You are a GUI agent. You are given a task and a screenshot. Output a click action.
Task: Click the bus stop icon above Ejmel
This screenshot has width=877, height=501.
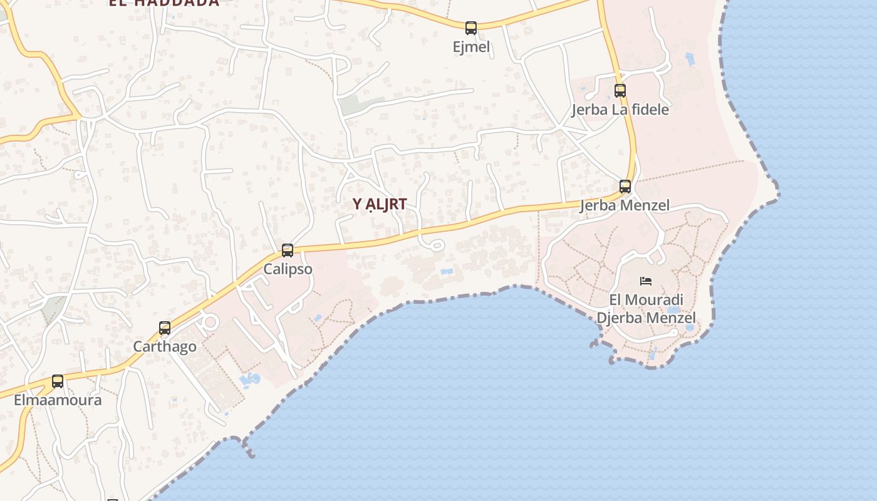pos(470,28)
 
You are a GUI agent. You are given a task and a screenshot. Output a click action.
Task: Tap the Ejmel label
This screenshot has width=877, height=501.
pos(471,47)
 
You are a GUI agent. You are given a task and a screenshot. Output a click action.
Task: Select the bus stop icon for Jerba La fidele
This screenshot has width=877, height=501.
pos(620,90)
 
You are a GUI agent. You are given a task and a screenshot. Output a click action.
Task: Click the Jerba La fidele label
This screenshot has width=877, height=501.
pos(620,110)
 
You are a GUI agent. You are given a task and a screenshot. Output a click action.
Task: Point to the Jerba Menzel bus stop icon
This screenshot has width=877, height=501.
pos(625,186)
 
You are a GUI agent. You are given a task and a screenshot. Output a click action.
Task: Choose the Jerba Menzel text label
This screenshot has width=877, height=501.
pos(625,205)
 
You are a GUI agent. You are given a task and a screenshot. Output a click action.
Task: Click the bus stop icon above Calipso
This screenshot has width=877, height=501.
pos(288,250)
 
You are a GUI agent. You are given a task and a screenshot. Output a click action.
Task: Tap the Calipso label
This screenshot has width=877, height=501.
pos(288,269)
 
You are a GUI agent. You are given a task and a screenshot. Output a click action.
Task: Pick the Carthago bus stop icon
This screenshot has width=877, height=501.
pos(165,328)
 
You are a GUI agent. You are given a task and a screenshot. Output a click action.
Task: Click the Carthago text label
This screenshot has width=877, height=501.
pos(165,346)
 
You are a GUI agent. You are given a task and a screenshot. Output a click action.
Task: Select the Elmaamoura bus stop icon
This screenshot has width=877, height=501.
pos(58,381)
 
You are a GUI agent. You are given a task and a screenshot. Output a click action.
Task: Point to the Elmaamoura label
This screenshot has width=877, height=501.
pos(58,400)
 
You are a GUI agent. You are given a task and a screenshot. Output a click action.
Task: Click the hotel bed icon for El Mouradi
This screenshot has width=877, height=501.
pos(646,281)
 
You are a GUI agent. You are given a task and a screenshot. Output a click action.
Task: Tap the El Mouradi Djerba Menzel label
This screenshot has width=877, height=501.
pos(646,309)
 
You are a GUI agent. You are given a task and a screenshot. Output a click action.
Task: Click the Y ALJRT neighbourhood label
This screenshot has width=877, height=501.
pos(380,204)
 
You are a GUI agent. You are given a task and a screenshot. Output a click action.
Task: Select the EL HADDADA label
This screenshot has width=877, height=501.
pos(164,3)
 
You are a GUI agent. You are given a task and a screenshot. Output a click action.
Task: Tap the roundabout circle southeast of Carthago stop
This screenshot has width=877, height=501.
pos(210,323)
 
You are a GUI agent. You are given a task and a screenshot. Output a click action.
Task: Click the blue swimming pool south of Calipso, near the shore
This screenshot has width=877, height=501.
pos(249,380)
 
